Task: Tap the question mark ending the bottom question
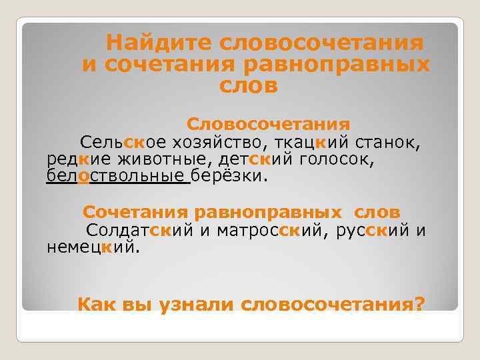419,304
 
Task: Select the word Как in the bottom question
97,304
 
